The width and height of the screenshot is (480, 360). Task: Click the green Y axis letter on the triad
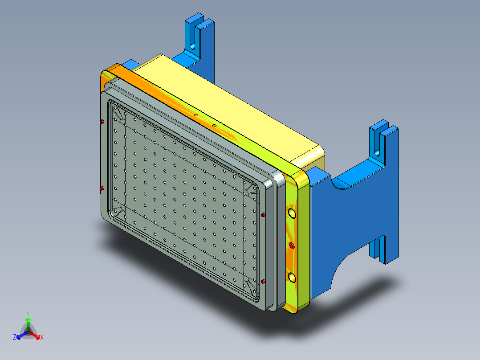(28, 313)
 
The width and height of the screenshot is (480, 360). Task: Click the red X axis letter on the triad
(41, 338)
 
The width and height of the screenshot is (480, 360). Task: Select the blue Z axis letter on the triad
(15, 338)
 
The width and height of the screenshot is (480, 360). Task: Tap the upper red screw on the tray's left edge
(102, 121)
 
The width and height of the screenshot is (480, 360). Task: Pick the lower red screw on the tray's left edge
(102, 188)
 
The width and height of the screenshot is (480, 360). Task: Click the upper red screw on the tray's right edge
(263, 215)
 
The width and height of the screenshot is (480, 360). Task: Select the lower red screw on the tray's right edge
(263, 281)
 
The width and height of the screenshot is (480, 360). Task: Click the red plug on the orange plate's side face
(292, 245)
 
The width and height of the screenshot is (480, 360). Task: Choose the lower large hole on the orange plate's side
(292, 278)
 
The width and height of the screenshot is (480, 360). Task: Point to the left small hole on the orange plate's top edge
(195, 115)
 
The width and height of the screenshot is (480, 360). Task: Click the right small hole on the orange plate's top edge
(214, 126)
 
